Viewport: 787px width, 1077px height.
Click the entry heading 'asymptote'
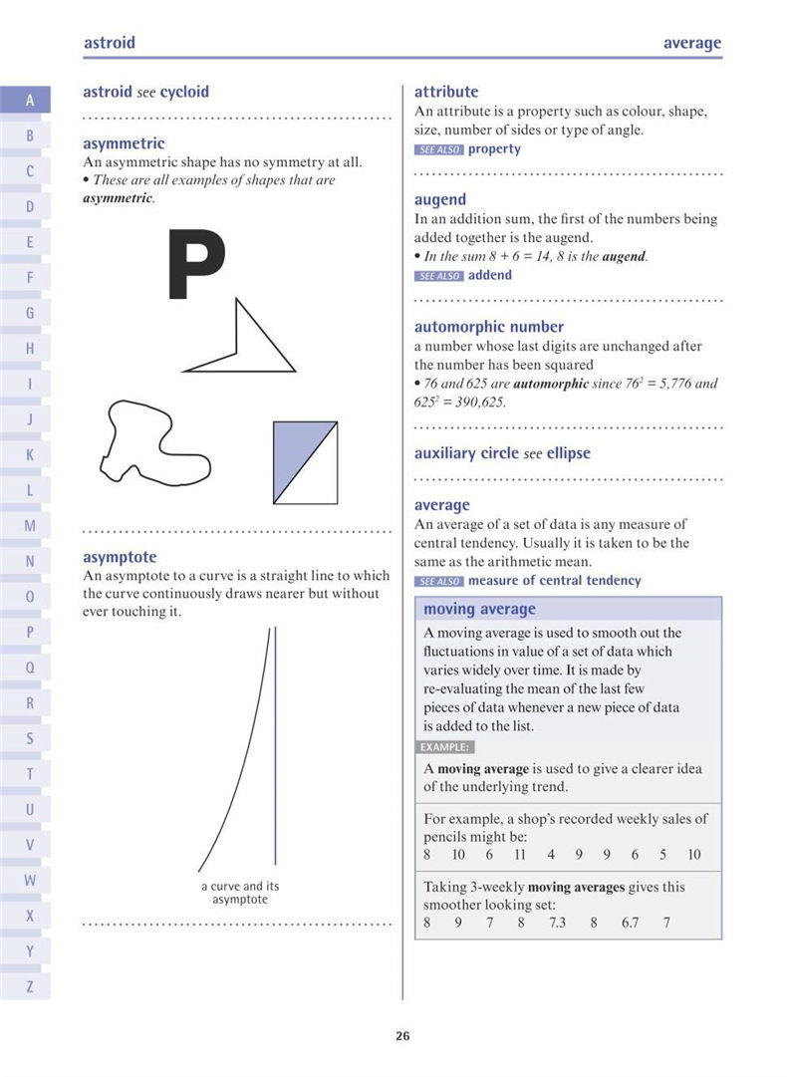coord(120,557)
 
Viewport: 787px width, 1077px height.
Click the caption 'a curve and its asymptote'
coord(240,893)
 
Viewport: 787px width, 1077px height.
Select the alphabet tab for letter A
coord(30,100)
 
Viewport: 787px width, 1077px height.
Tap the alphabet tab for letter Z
coord(30,986)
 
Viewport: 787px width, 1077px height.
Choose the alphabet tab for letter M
coord(30,525)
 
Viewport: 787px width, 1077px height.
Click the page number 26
coord(402,1036)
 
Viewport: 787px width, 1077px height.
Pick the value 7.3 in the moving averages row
coord(557,923)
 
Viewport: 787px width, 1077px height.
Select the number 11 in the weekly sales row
coord(520,854)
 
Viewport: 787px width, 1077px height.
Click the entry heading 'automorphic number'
coord(488,327)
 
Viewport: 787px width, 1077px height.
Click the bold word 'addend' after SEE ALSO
coord(489,275)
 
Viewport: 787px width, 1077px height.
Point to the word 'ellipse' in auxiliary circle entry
coord(568,453)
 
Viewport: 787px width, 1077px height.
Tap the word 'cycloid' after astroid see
coord(184,92)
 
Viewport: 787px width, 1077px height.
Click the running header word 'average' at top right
coord(691,43)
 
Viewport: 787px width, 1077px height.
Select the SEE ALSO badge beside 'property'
coord(438,149)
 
